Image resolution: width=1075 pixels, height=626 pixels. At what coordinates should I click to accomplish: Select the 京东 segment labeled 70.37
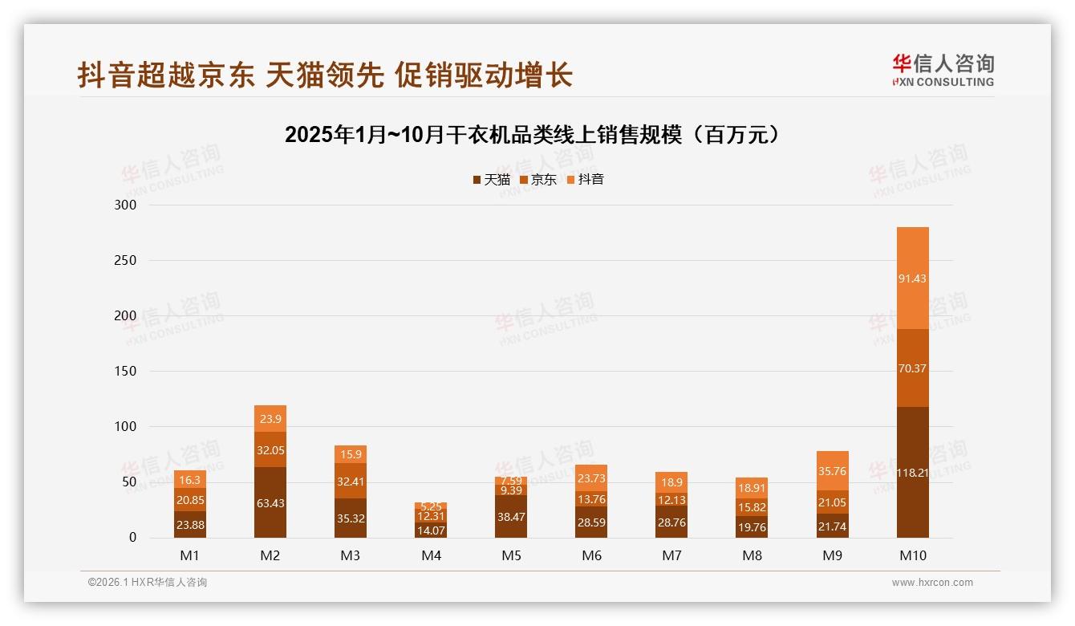click(x=912, y=368)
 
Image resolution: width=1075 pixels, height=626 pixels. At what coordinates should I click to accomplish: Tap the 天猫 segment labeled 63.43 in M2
click(x=270, y=502)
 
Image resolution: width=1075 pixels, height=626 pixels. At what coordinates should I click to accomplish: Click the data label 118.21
click(x=912, y=473)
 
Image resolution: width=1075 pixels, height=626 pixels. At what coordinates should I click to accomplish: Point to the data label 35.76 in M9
click(x=832, y=471)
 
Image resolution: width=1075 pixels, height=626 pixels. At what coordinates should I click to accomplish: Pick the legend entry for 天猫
click(x=491, y=179)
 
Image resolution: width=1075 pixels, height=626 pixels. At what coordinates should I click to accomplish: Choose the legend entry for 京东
click(x=538, y=179)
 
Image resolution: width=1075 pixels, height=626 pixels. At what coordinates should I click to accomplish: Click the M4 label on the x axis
click(x=431, y=555)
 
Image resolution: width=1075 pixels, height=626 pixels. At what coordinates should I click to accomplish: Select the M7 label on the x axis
click(x=671, y=555)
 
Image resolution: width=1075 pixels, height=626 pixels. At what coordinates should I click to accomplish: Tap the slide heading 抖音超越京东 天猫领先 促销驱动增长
click(x=325, y=75)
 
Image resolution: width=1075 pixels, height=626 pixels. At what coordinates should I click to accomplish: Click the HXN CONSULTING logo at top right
click(x=943, y=70)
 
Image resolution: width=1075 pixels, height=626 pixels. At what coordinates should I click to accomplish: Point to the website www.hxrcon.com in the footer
click(x=932, y=583)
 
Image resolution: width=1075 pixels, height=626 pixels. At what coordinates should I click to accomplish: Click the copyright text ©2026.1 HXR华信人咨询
click(x=147, y=583)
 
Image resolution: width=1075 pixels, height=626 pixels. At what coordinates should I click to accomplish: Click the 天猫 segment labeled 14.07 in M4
click(x=431, y=530)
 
